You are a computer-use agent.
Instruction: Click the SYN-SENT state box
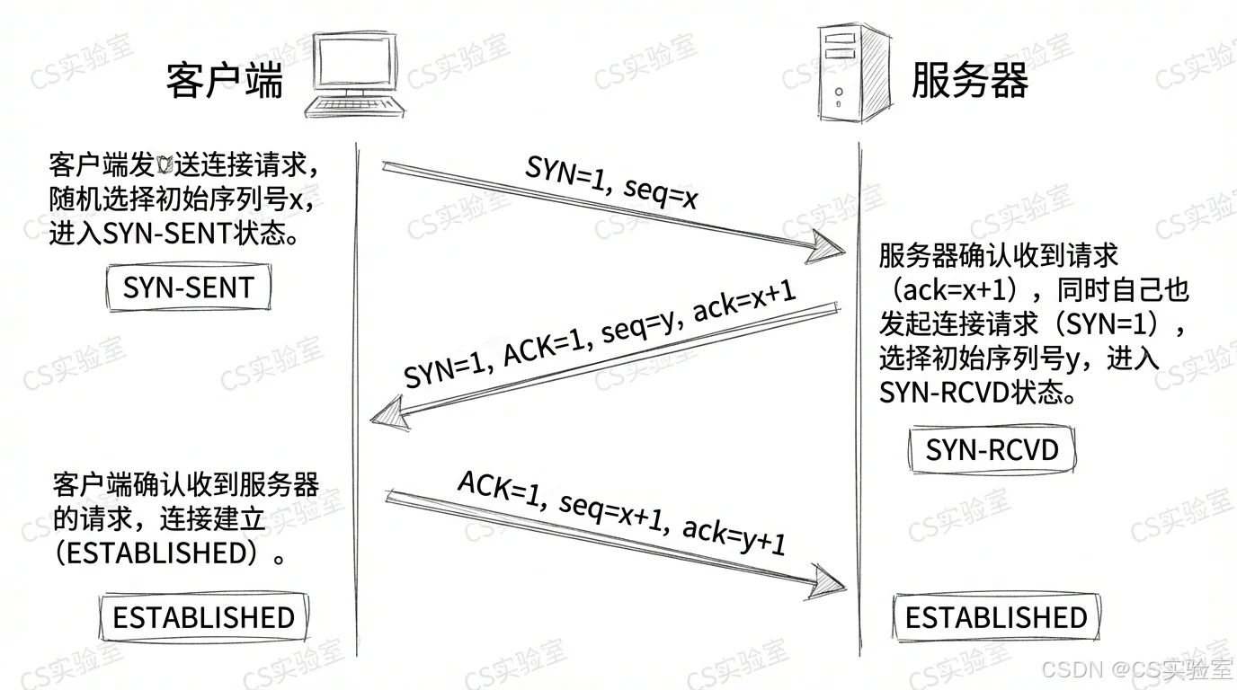[x=189, y=287]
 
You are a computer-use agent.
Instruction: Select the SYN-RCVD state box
[x=992, y=449]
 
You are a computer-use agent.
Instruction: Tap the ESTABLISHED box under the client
[x=203, y=617]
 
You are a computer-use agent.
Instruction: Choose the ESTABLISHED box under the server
[x=996, y=617]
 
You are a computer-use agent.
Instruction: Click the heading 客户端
[x=225, y=80]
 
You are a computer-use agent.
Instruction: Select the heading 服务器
[x=969, y=80]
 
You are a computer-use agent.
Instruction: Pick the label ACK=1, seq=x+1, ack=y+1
[x=622, y=512]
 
